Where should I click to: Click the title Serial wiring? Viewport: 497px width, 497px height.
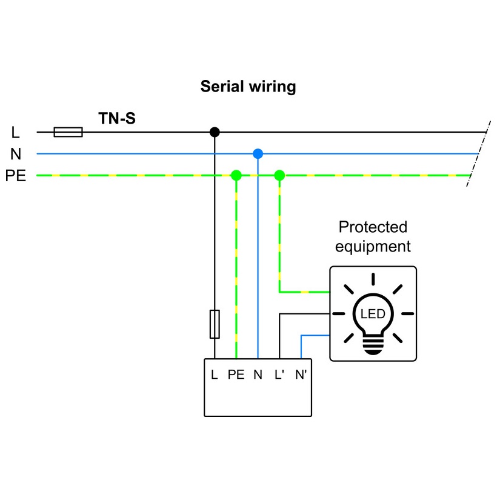click(248, 87)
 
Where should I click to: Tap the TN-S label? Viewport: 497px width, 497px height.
click(117, 118)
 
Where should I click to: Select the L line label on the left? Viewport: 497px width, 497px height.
click(16, 132)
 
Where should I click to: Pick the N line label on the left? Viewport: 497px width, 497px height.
click(16, 154)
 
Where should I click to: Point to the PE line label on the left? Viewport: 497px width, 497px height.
click(16, 176)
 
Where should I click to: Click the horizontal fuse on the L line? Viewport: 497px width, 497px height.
click(68, 132)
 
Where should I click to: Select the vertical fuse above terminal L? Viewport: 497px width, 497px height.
click(214, 323)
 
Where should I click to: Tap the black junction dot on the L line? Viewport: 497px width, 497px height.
click(214, 132)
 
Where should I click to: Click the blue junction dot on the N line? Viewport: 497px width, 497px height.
click(258, 153)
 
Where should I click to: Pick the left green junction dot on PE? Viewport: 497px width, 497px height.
click(236, 176)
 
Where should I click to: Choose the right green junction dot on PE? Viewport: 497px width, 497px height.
click(279, 176)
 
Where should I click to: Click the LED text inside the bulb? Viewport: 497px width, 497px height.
click(373, 314)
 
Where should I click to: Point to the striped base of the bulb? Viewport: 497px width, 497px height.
click(373, 345)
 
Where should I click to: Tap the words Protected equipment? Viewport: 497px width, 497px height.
click(373, 237)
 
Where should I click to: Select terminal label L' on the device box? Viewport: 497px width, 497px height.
click(279, 375)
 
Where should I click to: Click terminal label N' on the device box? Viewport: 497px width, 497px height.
click(301, 375)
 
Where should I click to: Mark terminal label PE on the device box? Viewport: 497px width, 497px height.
click(236, 375)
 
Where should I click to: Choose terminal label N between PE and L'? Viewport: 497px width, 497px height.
click(258, 375)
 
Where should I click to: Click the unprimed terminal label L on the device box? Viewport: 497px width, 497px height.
click(214, 375)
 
